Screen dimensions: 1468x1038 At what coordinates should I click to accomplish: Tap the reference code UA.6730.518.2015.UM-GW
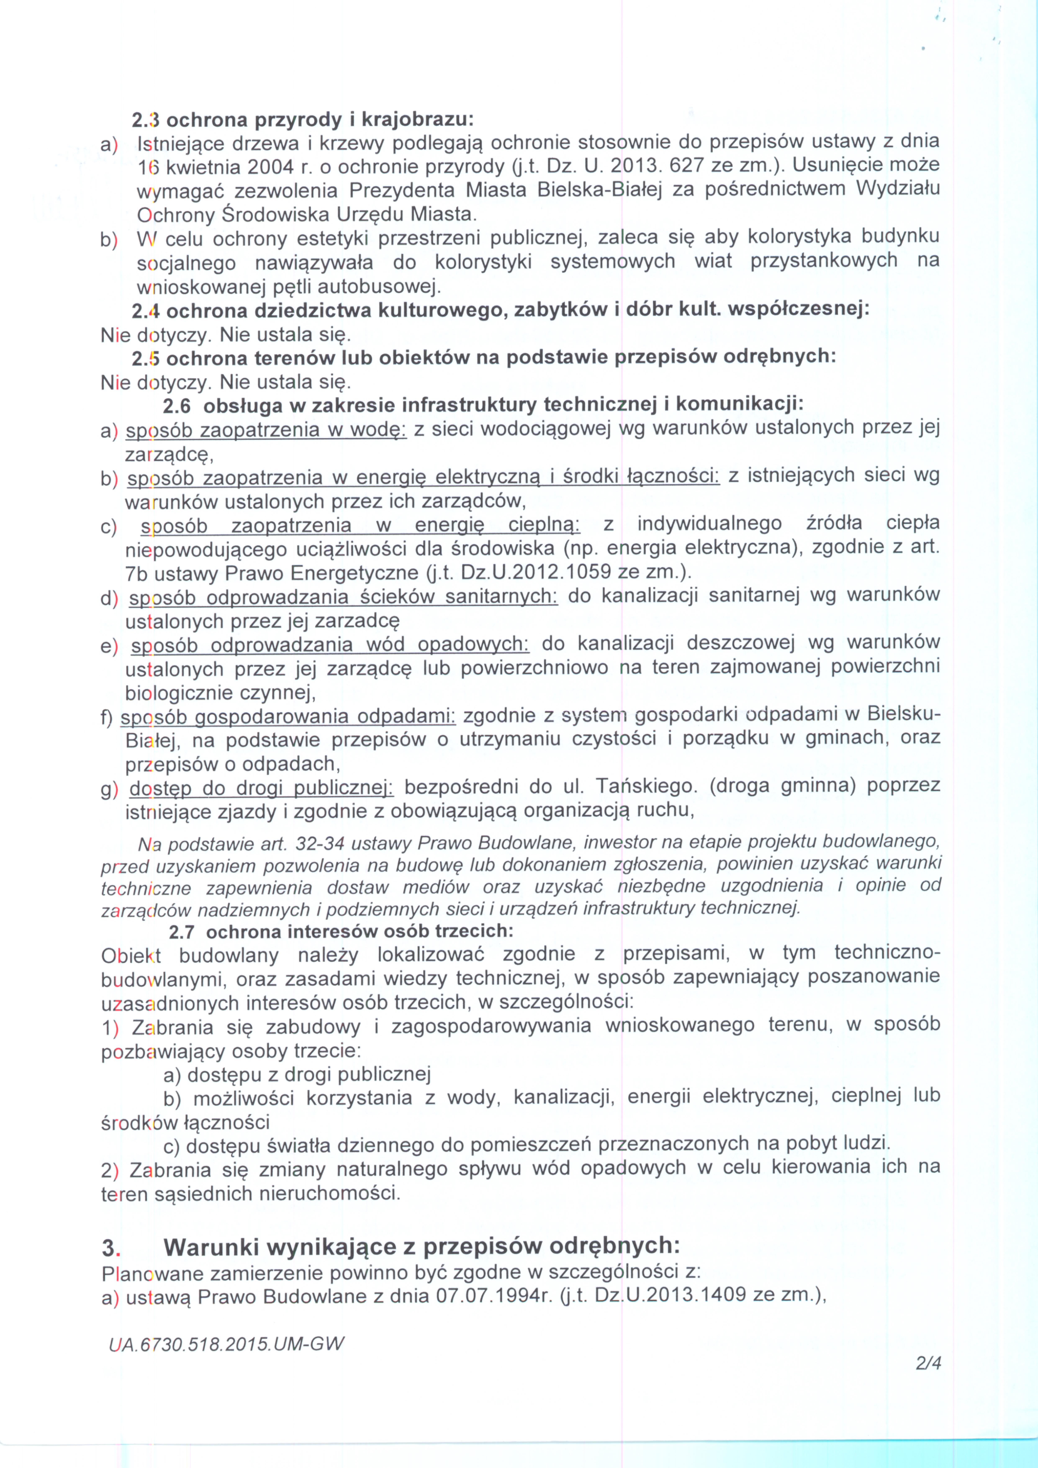[226, 1343]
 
